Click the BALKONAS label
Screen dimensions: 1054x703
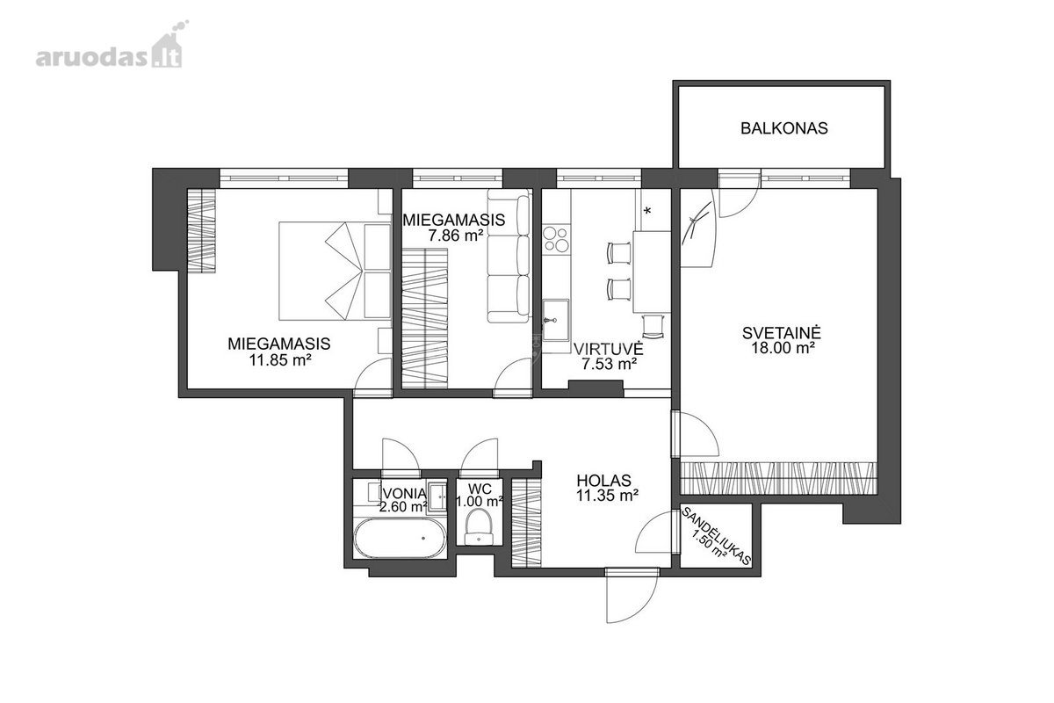click(783, 128)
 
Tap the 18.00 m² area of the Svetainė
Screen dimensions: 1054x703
click(783, 349)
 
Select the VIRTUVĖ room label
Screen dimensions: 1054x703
click(609, 349)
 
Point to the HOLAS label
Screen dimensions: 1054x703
click(603, 481)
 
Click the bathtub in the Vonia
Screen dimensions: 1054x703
click(400, 538)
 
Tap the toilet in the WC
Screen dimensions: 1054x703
click(479, 528)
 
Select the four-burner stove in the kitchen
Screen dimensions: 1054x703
click(556, 239)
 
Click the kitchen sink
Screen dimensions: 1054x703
click(556, 320)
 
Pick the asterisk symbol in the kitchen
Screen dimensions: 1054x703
click(647, 211)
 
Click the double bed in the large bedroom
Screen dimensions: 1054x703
click(335, 272)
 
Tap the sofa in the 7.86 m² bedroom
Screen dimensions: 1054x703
click(509, 256)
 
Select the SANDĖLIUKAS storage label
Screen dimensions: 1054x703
click(715, 536)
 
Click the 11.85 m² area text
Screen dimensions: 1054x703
click(279, 360)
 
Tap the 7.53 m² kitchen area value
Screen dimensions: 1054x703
click(609, 364)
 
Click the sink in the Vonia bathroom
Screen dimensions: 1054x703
click(438, 495)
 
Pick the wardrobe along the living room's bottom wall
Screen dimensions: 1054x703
click(779, 478)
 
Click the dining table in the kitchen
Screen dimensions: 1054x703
click(652, 272)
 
